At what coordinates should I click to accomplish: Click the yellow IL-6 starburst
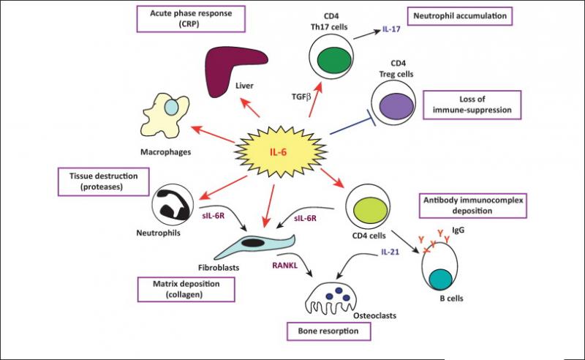(x=281, y=151)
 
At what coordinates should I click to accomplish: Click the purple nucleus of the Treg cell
(x=396, y=105)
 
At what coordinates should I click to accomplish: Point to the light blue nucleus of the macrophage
(x=171, y=107)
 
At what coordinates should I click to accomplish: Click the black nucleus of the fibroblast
(x=253, y=243)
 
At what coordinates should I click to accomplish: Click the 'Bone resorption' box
(x=328, y=331)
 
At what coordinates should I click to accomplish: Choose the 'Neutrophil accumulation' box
(x=460, y=16)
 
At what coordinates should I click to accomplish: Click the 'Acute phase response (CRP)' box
(x=191, y=19)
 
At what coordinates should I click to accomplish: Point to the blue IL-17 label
(x=391, y=29)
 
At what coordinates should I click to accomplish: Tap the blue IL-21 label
(x=390, y=252)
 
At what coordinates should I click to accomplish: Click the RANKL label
(x=284, y=266)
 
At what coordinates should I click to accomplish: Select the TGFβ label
(x=301, y=97)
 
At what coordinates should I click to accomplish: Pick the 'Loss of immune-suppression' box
(x=472, y=105)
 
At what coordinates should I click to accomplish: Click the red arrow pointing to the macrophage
(x=212, y=134)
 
